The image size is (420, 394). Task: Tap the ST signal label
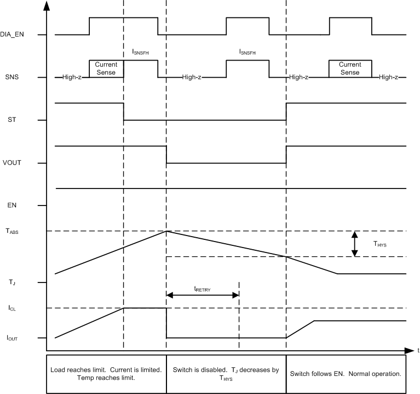click(11, 120)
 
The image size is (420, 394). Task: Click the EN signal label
click(11, 205)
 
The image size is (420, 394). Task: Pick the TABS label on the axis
click(12, 231)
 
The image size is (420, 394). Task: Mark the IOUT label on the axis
click(12, 338)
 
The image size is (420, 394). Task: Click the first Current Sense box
click(106, 68)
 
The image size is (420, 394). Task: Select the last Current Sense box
click(350, 68)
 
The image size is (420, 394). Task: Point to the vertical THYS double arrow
click(355, 244)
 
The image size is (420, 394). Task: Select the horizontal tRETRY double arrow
click(202, 295)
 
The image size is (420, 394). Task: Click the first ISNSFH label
click(141, 52)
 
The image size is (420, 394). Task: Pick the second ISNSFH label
click(248, 52)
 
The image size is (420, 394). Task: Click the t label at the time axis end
click(417, 349)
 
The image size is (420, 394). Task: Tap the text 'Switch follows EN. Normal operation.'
click(346, 374)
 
